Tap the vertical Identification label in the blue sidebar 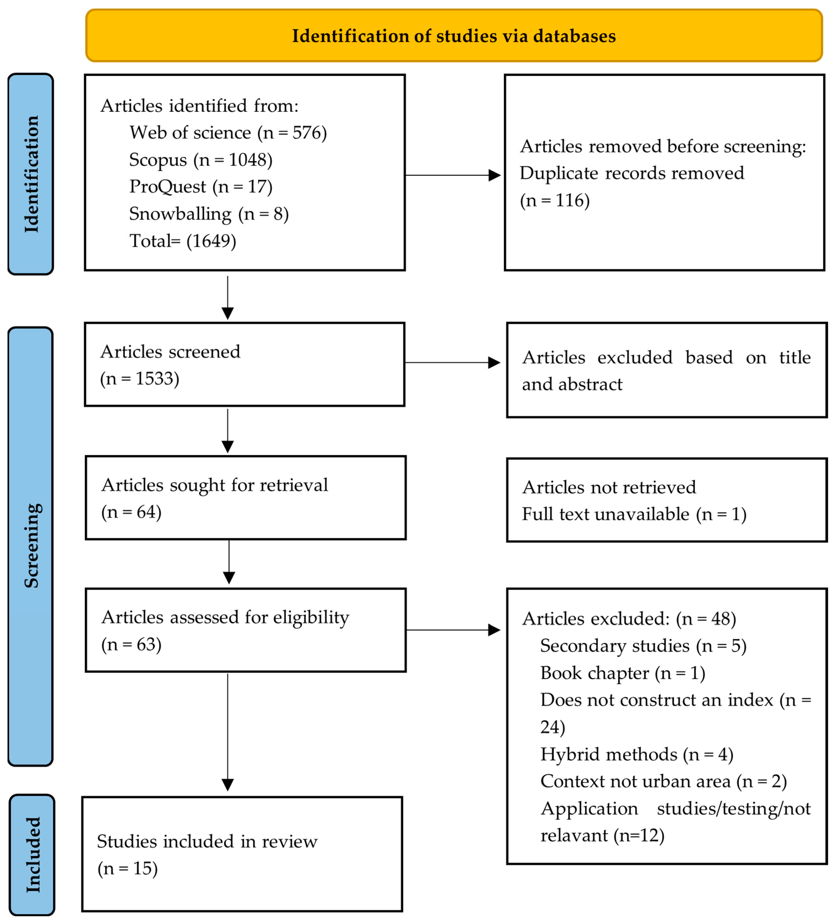click(31, 174)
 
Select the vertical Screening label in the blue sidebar click(31, 545)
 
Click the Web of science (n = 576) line click(228, 133)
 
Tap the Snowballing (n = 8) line click(209, 214)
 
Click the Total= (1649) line click(183, 241)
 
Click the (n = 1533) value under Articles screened click(139, 379)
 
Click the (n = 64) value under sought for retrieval click(131, 512)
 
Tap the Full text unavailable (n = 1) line click(634, 514)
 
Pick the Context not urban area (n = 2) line click(663, 781)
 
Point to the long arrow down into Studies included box click(228, 733)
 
